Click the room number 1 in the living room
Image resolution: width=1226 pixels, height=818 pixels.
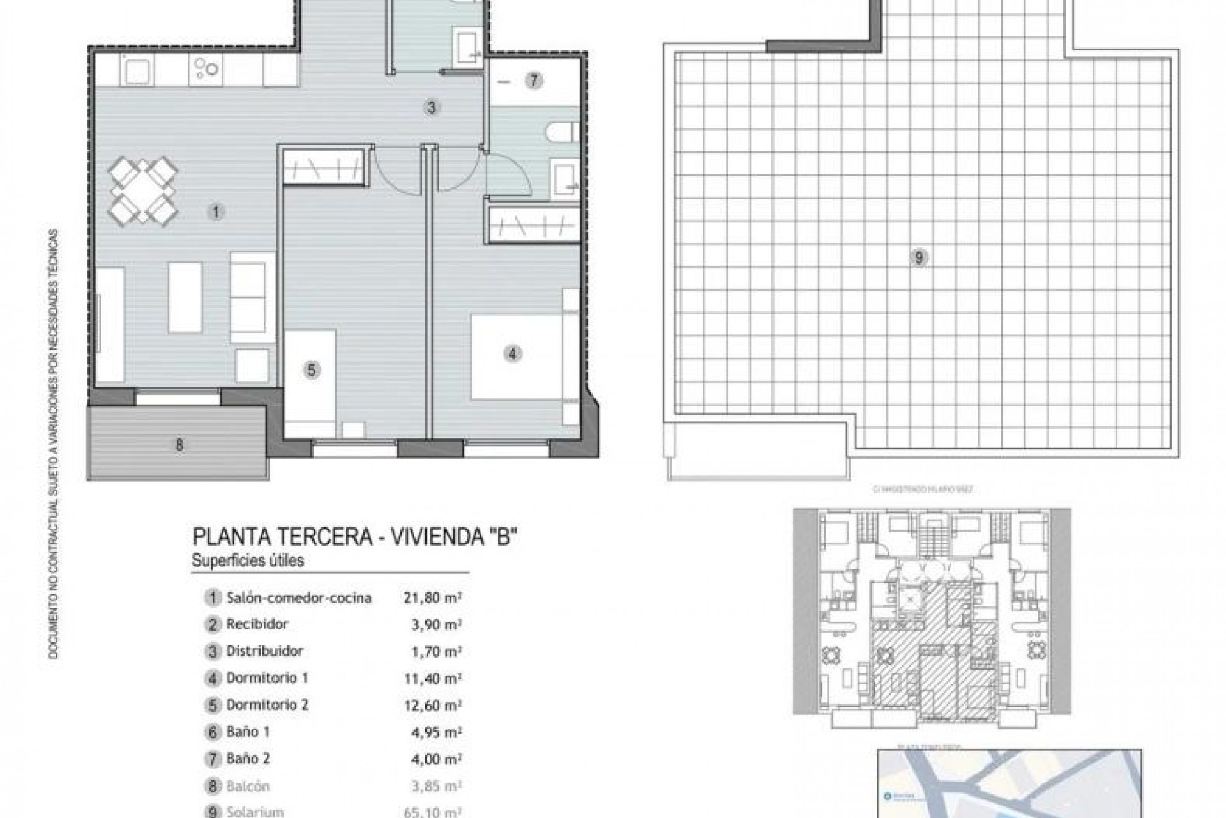(216, 212)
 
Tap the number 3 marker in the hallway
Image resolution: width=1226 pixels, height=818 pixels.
(432, 107)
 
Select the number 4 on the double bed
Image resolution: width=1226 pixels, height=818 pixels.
(512, 353)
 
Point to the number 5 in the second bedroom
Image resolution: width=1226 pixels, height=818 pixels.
(311, 370)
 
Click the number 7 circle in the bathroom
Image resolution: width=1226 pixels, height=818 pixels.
(534, 81)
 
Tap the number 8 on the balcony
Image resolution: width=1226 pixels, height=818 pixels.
(179, 445)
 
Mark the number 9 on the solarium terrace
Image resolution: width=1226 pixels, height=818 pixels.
(919, 258)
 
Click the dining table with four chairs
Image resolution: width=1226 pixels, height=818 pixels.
(142, 191)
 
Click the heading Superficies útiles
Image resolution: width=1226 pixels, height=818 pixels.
(248, 560)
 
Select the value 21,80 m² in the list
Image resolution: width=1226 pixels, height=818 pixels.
(433, 598)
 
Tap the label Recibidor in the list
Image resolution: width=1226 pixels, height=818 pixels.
(257, 624)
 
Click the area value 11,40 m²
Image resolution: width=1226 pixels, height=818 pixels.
(433, 678)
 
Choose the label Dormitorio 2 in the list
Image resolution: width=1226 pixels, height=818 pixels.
(267, 705)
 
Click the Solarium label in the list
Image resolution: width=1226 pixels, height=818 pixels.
(255, 812)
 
